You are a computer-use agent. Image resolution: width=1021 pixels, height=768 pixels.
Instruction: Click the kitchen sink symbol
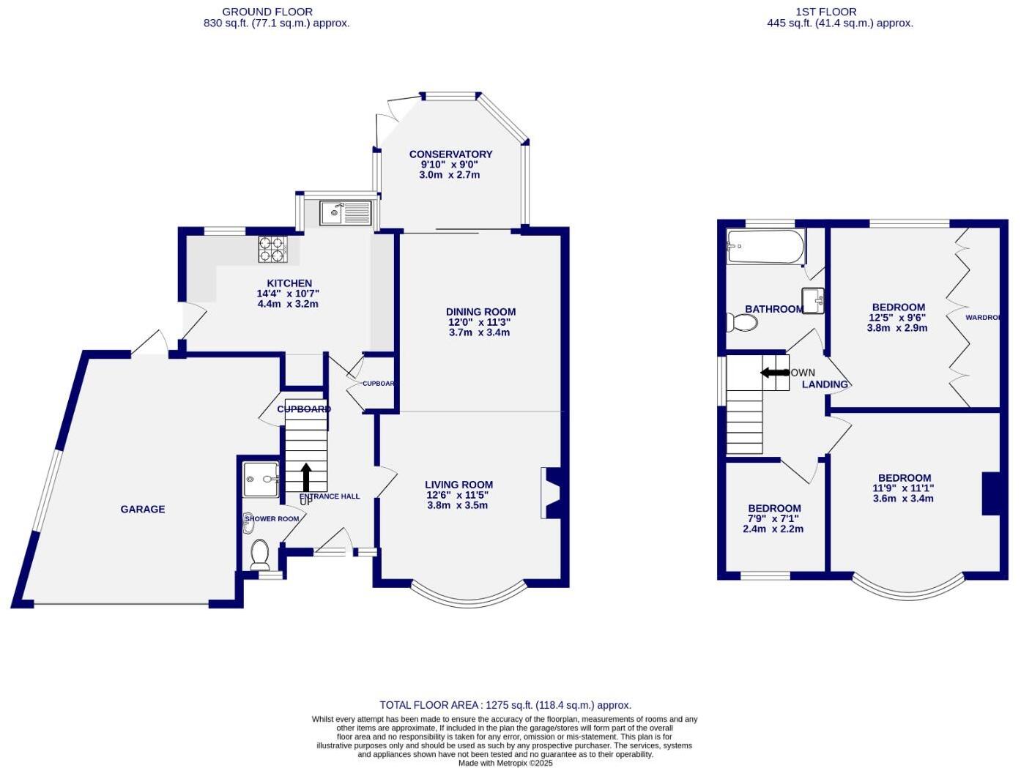(346, 213)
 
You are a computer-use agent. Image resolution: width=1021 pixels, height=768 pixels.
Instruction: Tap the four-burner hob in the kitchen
(272, 249)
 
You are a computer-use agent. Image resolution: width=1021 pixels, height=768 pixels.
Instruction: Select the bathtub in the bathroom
(765, 247)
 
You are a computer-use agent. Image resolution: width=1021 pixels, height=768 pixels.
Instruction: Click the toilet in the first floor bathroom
(743, 322)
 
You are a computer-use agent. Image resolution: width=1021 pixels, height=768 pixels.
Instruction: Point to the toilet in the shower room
(260, 554)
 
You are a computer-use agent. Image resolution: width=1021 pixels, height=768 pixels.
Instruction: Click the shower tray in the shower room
(261, 480)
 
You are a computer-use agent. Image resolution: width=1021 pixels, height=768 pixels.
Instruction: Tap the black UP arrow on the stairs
(305, 477)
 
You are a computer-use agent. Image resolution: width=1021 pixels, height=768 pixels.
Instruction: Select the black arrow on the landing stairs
(775, 373)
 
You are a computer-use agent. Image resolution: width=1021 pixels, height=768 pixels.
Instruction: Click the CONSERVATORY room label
(450, 154)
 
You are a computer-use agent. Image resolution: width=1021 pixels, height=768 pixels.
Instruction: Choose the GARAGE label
(143, 509)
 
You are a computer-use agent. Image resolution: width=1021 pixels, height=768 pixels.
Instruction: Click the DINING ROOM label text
(480, 312)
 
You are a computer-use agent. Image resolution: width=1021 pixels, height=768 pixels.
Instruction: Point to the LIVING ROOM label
(458, 485)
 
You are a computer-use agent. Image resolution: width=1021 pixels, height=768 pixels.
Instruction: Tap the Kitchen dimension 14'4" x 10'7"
(289, 294)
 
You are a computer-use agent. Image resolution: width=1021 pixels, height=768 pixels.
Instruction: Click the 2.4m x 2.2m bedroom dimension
(773, 529)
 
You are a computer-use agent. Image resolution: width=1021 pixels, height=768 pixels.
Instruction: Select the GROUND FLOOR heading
(267, 12)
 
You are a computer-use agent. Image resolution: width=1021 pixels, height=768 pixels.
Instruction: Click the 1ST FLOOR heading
(825, 12)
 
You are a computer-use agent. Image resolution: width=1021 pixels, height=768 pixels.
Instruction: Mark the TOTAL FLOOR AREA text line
(505, 705)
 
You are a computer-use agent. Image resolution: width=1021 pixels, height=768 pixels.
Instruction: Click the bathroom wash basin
(813, 300)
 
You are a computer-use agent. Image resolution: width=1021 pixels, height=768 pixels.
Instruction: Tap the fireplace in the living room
(552, 493)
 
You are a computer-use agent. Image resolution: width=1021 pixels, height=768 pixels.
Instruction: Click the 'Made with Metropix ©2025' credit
(505, 763)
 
